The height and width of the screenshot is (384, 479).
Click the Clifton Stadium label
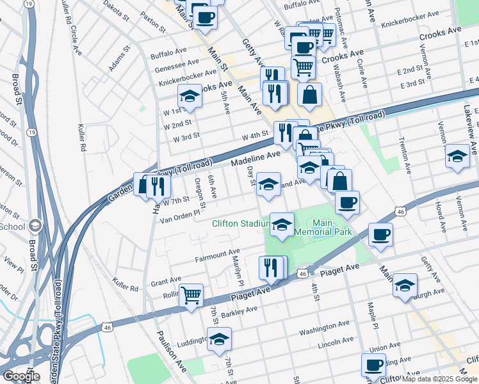[239, 224]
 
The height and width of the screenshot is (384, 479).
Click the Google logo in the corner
[20, 376]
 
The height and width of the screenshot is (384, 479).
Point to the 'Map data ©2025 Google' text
[439, 379]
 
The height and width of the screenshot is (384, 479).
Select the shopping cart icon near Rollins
[191, 296]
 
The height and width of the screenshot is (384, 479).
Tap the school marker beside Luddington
[219, 339]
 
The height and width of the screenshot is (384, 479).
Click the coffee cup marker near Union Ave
[373, 365]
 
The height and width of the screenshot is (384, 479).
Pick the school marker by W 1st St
[190, 96]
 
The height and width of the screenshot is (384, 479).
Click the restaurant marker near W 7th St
[158, 186]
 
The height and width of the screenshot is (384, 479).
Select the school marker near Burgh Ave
[405, 285]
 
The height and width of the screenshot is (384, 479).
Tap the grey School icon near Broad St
[35, 225]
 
